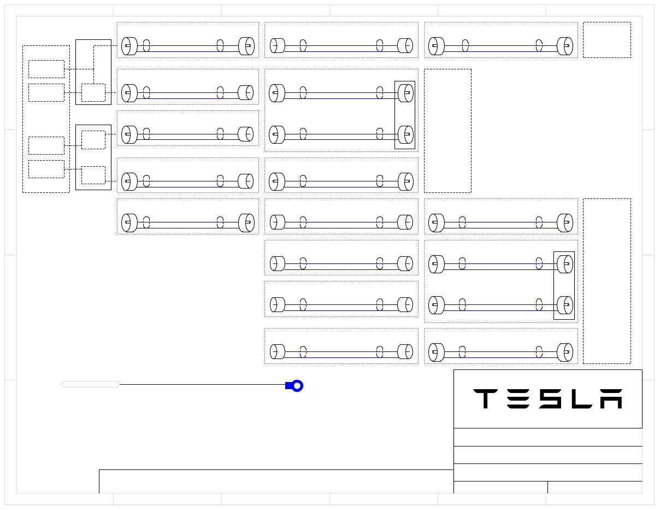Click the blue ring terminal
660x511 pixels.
pyautogui.click(x=297, y=386)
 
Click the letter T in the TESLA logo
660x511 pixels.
pyautogui.click(x=485, y=399)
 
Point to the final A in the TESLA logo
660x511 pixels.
pyautogui.click(x=611, y=399)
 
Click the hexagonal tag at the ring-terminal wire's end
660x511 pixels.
pyautogui.click(x=90, y=384)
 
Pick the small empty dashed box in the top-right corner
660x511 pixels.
pyautogui.click(x=606, y=40)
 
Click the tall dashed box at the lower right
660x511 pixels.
pyautogui.click(x=606, y=281)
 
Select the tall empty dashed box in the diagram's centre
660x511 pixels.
pyautogui.click(x=447, y=131)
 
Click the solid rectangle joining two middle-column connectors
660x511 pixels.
pyautogui.click(x=405, y=115)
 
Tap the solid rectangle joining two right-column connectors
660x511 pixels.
pyautogui.click(x=564, y=285)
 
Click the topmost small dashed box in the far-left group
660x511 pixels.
pyautogui.click(x=46, y=69)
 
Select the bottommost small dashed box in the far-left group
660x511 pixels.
pyautogui.click(x=46, y=169)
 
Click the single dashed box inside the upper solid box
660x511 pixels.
pyautogui.click(x=93, y=92)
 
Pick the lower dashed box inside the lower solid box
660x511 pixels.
pyautogui.click(x=93, y=175)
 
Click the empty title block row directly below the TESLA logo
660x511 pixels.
pyautogui.click(x=547, y=437)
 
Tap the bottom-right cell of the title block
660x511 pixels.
pyautogui.click(x=594, y=487)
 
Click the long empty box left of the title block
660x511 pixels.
pyautogui.click(x=276, y=481)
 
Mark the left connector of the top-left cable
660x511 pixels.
pyautogui.click(x=129, y=46)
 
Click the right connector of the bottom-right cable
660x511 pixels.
pyautogui.click(x=565, y=352)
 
